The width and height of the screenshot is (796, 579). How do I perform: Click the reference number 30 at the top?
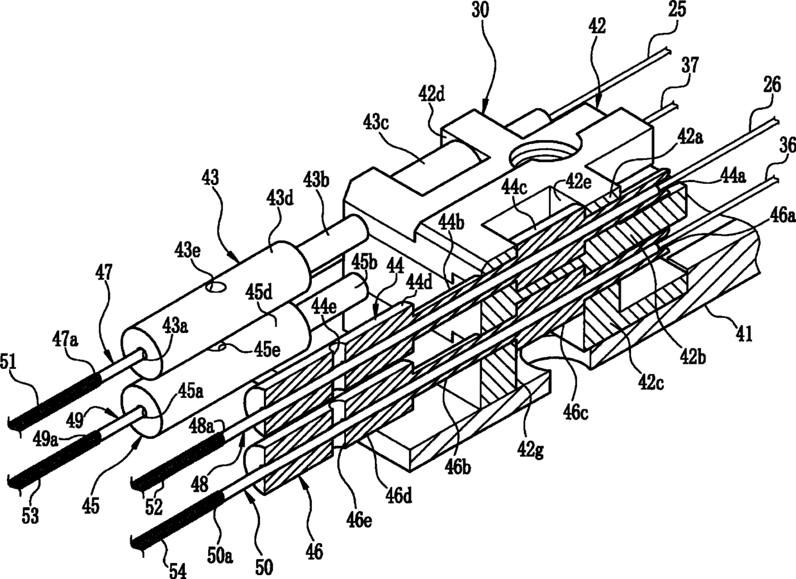(x=480, y=12)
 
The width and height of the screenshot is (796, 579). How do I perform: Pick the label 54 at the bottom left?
(x=177, y=570)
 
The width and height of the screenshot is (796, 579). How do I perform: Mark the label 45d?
(x=258, y=292)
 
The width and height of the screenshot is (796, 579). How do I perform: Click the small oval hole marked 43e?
(x=216, y=287)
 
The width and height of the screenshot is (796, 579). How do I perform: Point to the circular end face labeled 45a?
(x=141, y=411)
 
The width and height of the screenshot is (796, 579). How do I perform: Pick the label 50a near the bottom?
(x=220, y=557)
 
